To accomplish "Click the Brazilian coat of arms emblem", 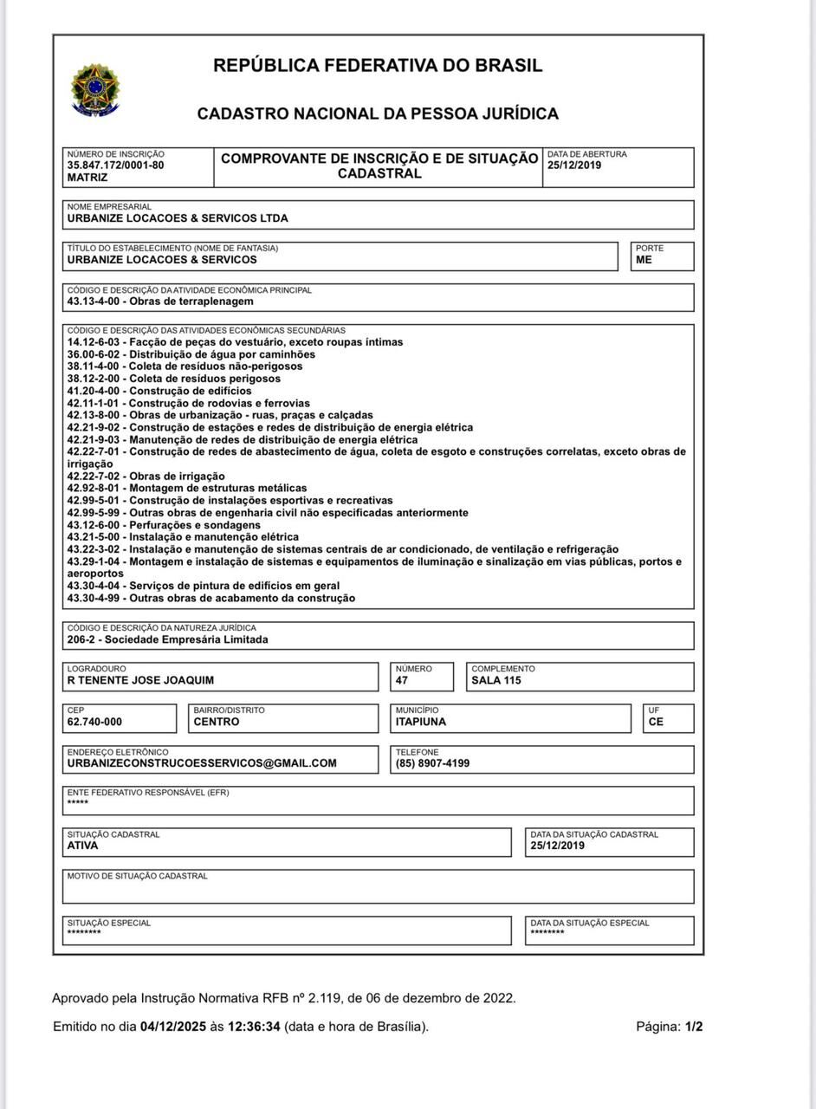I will [96, 89].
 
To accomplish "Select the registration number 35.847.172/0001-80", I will [115, 165].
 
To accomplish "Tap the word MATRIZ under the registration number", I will [87, 178].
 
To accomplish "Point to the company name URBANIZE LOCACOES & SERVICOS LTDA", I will [178, 218].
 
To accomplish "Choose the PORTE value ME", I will [644, 260].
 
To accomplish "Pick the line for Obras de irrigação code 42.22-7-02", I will [146, 477].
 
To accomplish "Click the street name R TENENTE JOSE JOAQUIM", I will [140, 680].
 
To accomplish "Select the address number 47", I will [402, 680].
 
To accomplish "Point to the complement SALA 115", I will [496, 680].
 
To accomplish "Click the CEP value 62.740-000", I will [94, 722].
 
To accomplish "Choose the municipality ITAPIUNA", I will [421, 722].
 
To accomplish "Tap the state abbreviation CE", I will [656, 722].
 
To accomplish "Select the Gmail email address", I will [202, 763].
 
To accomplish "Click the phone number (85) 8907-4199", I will [433, 763].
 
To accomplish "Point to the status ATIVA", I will [82, 846].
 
